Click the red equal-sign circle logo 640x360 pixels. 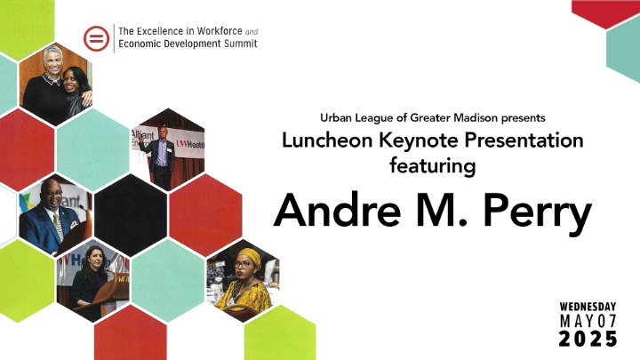click(96, 38)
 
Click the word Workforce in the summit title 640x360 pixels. click(220, 31)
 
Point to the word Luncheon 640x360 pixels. click(327, 140)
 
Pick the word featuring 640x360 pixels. click(433, 166)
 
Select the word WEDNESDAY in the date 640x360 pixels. click(588, 307)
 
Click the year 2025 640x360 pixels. click(588, 339)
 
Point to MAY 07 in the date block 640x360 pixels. click(588, 321)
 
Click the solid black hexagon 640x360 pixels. click(131, 215)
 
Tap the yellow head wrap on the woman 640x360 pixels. click(251, 257)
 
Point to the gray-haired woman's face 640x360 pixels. click(53, 62)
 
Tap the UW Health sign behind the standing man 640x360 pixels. click(190, 145)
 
